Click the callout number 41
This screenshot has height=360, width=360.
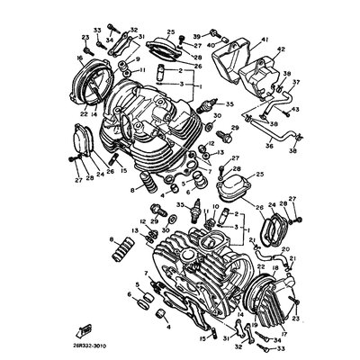click(265, 40)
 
